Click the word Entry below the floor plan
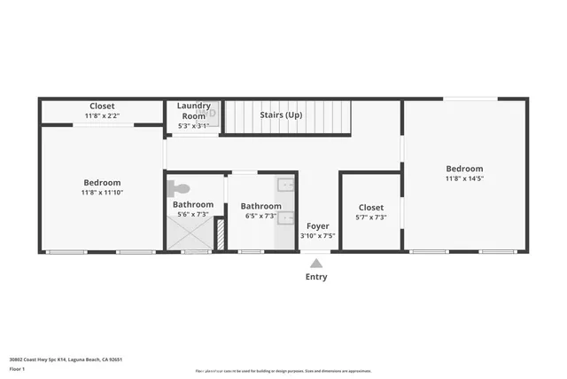[316, 277]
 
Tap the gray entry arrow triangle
[316, 262]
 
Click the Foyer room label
[317, 226]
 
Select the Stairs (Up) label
[281, 115]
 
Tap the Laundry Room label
[193, 111]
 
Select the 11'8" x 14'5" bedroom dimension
[464, 178]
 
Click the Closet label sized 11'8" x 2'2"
[102, 107]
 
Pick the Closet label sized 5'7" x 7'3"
[370, 207]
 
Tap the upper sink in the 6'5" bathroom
[286, 186]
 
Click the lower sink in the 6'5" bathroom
[286, 219]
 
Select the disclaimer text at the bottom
[283, 371]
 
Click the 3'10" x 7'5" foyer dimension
[317, 236]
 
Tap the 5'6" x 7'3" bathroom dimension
[192, 214]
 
